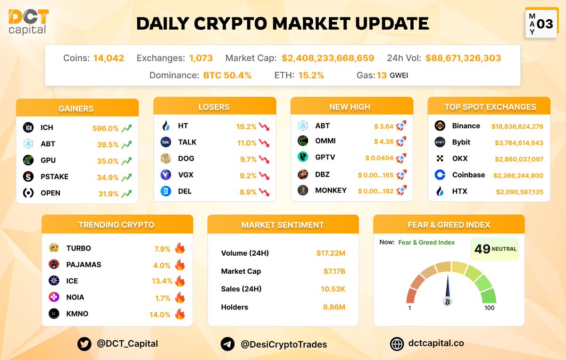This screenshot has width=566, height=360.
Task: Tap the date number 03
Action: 545,24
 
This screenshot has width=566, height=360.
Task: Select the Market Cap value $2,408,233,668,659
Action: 328,59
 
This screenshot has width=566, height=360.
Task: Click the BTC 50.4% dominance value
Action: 227,75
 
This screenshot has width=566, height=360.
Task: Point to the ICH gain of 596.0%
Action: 106,128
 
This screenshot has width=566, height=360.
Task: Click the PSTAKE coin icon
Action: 28,176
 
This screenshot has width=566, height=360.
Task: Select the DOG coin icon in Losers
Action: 166,159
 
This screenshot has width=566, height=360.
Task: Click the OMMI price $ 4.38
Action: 383,141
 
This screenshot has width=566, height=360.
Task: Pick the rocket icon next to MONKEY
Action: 401,191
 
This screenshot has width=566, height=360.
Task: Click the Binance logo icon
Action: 440,126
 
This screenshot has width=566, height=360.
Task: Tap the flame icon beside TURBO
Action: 179,248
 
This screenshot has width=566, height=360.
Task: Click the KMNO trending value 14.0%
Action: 160,314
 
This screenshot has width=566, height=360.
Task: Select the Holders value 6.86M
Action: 334,307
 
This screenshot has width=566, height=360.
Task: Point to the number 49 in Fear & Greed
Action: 483,249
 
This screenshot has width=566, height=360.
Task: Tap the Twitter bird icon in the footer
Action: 84,344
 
